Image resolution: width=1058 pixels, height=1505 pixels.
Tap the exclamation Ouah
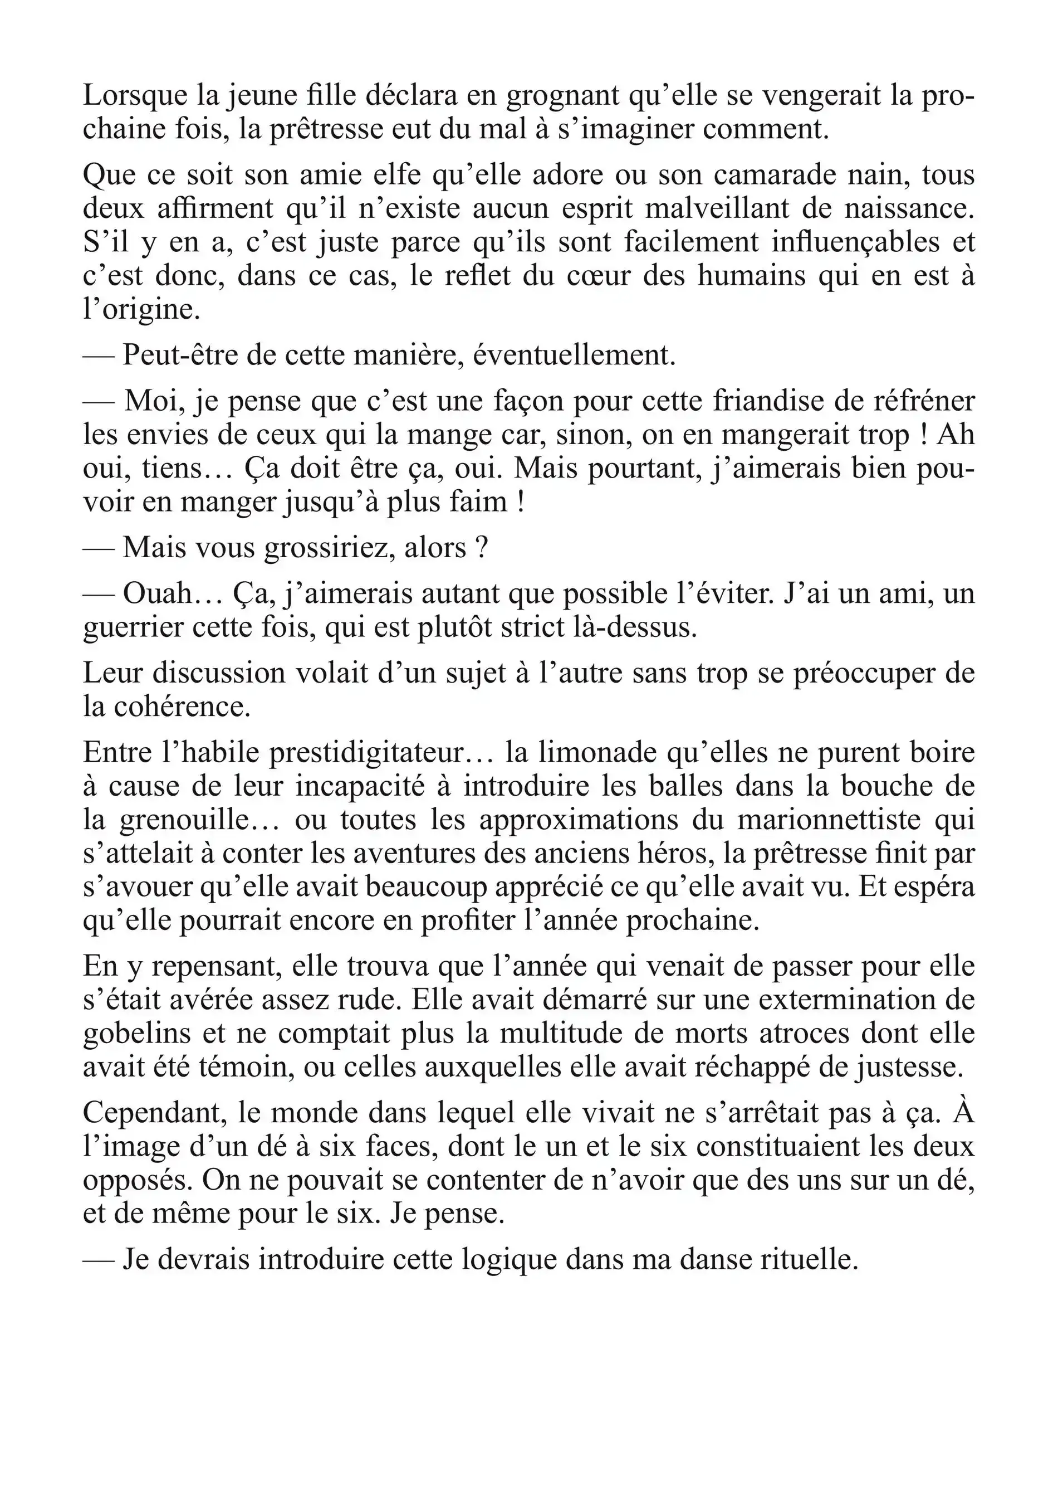tap(157, 594)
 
